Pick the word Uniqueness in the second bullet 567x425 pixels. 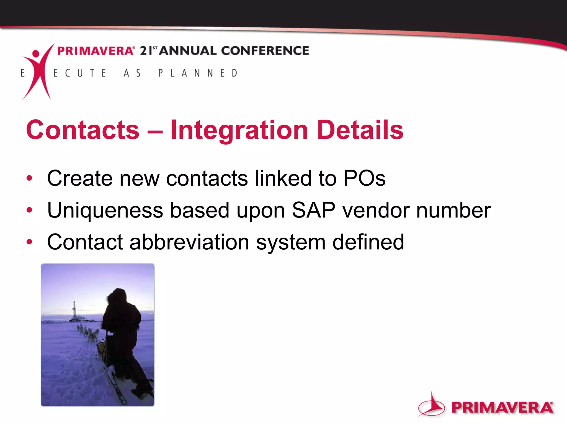[105, 211]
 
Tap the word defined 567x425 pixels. [368, 242]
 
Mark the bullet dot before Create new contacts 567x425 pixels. [29, 178]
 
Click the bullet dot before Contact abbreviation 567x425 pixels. [29, 242]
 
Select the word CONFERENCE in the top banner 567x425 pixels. [265, 51]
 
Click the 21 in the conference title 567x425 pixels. [146, 51]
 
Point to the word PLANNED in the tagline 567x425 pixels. [198, 73]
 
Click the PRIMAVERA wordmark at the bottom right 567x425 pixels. [502, 408]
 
